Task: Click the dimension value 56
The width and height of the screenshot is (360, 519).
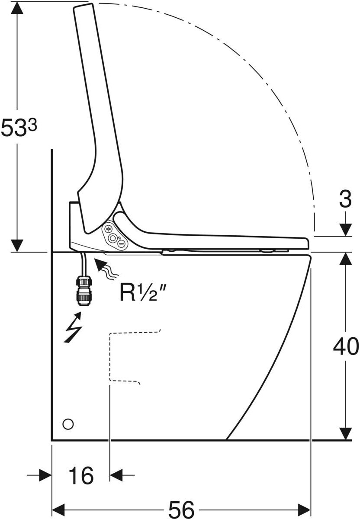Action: click(x=181, y=509)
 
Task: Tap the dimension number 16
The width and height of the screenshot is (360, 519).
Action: click(x=81, y=476)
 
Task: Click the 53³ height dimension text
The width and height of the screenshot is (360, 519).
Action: click(x=18, y=128)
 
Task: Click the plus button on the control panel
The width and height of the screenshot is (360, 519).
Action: click(x=109, y=229)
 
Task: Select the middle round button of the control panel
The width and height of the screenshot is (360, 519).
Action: click(x=114, y=237)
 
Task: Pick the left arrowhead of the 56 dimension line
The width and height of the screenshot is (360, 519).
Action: click(x=58, y=509)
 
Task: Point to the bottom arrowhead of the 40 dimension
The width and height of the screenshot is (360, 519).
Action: click(x=345, y=433)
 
